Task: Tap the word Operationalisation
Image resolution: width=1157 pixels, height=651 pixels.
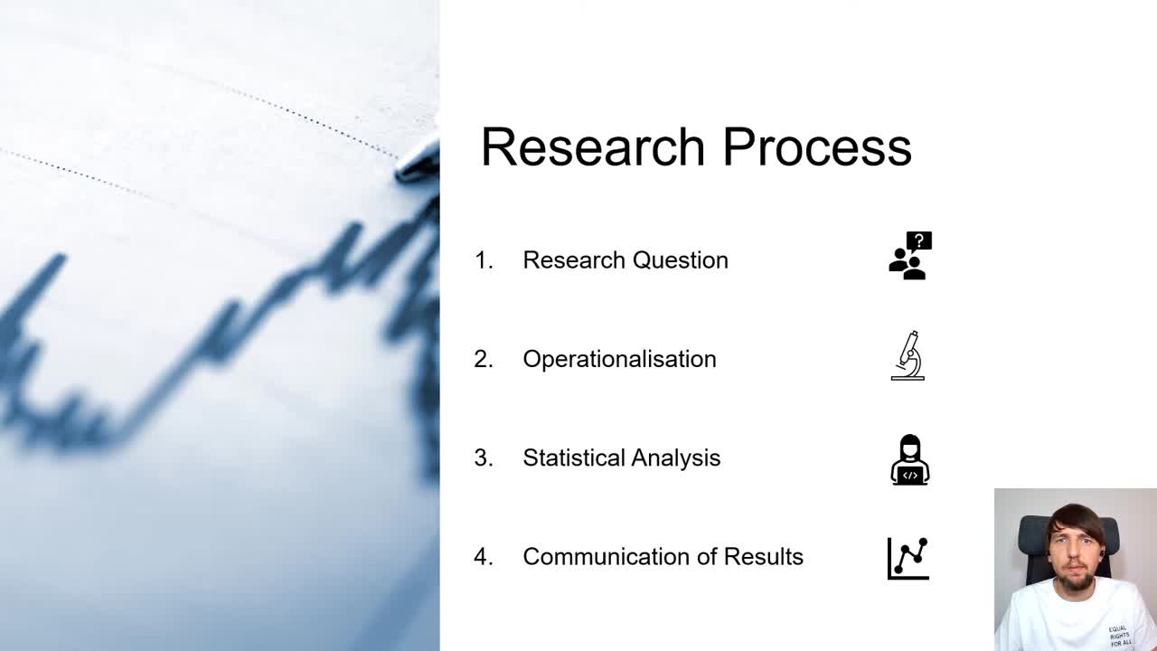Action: (619, 359)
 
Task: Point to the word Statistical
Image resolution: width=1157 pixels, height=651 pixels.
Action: (574, 458)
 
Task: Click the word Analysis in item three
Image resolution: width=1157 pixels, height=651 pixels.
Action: (676, 458)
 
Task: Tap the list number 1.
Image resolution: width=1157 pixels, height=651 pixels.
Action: (484, 260)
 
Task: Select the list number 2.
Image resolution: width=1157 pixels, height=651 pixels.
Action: (484, 359)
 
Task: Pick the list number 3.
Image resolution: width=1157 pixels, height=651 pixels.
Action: (484, 458)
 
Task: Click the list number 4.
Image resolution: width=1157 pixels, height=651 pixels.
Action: (484, 557)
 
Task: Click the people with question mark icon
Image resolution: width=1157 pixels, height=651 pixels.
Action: (909, 256)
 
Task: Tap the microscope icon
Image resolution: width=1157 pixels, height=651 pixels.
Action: (908, 355)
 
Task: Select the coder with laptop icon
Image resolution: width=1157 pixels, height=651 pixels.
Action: (909, 460)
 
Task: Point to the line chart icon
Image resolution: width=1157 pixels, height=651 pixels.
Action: (908, 558)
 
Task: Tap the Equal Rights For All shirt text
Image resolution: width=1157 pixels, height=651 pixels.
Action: (1119, 636)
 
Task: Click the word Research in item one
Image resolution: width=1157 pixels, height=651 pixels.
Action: (574, 260)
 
